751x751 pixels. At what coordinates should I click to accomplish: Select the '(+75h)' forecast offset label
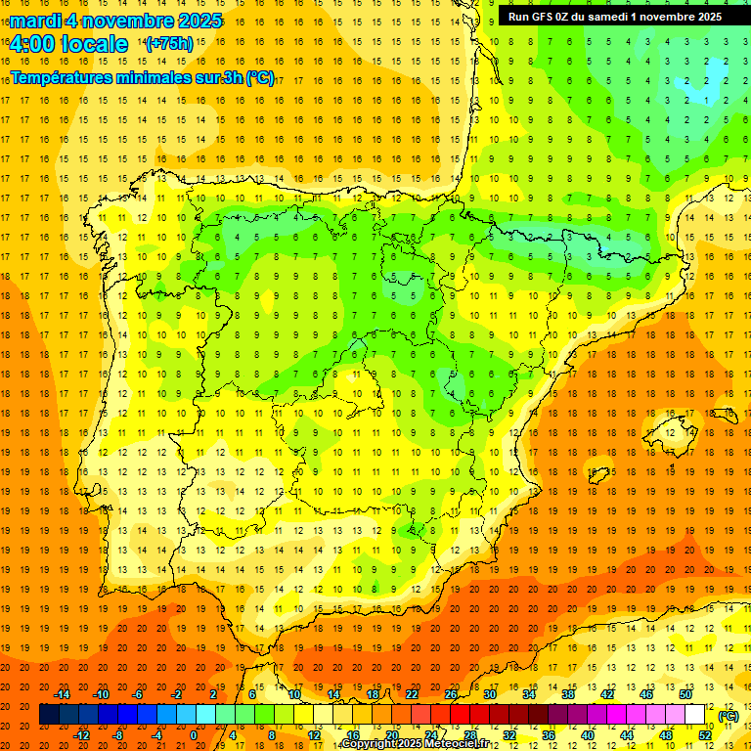coord(169,44)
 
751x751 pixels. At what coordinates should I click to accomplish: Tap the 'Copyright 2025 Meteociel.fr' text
coord(420,744)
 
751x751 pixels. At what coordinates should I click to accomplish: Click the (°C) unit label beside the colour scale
coord(728,716)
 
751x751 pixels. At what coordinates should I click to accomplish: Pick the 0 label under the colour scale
coord(194,735)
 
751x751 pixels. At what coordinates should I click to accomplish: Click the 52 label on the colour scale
coord(705,735)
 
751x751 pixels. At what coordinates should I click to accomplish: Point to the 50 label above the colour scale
coord(685,694)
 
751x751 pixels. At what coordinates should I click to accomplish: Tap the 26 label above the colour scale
coord(451,694)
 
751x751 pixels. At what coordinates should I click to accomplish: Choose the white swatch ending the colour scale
coord(695,715)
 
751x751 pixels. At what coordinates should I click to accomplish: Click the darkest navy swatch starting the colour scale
coord(49,715)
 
